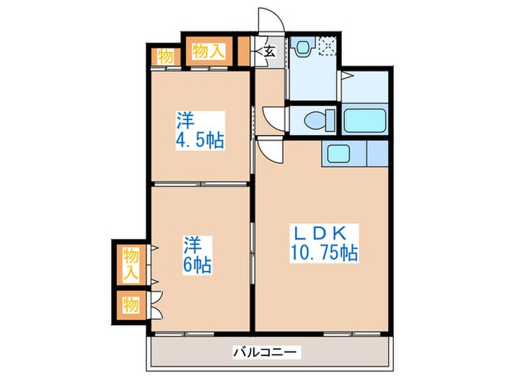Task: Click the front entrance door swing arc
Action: (x=270, y=21)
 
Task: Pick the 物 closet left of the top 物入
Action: (x=164, y=56)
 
